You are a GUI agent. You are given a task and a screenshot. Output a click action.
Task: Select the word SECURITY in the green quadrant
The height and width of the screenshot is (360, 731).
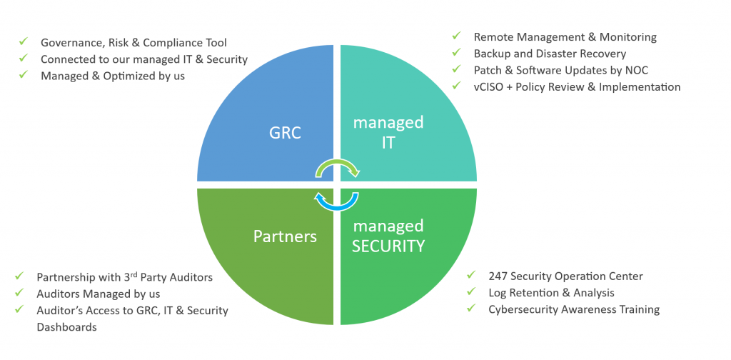(x=388, y=246)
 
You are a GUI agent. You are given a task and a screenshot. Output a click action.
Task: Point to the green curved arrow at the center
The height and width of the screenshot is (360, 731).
(x=337, y=168)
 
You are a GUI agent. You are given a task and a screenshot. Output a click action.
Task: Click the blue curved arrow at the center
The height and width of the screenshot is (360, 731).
(x=336, y=201)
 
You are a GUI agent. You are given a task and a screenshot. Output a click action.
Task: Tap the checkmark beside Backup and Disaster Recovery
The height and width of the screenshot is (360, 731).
(x=456, y=54)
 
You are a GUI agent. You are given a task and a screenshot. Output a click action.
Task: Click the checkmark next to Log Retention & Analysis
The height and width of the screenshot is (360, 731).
(x=471, y=293)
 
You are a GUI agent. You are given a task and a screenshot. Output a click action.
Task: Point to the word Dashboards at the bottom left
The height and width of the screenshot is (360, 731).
(x=66, y=327)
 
